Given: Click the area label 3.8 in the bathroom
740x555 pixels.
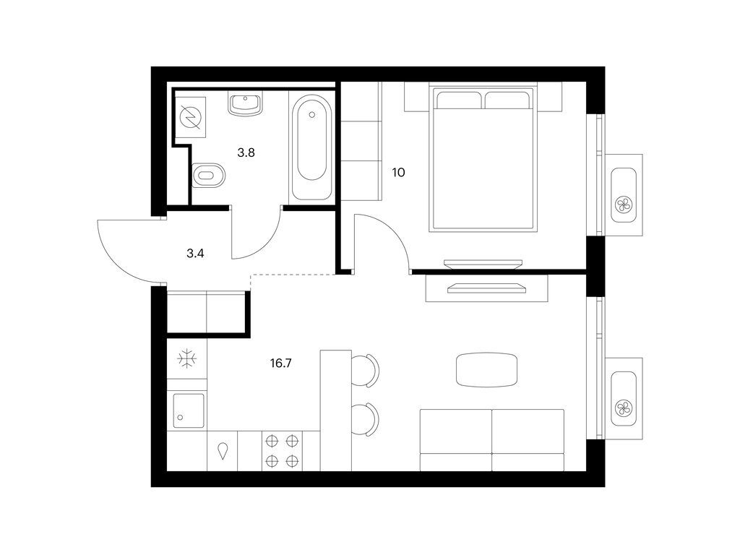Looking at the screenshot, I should coord(246,152).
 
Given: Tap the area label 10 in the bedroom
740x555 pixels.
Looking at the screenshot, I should coord(399,173).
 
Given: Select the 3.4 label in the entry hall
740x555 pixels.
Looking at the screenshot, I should coord(195,253).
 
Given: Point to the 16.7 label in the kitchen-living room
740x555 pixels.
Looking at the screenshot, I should coord(282,364).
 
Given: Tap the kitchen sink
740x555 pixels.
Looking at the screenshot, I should coord(187,410).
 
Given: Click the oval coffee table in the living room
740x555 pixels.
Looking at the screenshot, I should coord(486,371).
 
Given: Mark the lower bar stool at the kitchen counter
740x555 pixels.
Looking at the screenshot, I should coord(366,419).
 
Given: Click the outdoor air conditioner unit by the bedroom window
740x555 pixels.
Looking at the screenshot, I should coord(623,194).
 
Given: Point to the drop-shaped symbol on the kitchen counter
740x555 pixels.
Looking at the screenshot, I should coord(223,451).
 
